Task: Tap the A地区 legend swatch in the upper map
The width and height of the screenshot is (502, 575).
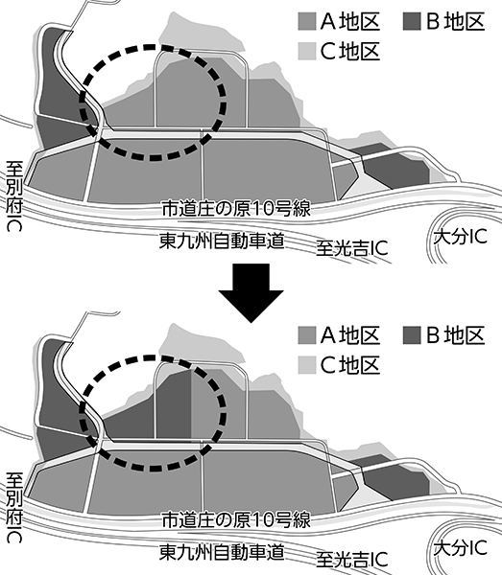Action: click(307, 22)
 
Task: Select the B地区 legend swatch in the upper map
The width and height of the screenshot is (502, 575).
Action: click(412, 22)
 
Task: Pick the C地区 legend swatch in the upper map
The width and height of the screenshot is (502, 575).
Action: click(307, 51)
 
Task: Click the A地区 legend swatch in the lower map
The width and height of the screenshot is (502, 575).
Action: click(307, 335)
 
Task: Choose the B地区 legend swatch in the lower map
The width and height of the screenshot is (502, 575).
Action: click(412, 335)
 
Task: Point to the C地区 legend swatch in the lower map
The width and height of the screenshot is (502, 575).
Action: click(307, 365)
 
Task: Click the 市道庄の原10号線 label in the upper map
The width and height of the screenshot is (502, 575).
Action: click(236, 208)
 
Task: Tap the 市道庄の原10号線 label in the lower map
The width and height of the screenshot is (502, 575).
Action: click(236, 520)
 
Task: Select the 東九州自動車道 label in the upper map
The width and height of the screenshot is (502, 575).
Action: click(222, 241)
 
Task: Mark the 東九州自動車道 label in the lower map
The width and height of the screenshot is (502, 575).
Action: click(222, 553)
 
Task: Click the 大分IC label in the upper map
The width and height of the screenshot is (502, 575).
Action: click(461, 237)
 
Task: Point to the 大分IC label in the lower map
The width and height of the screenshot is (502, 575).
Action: click(461, 548)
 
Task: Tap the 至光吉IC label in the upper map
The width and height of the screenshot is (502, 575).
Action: click(352, 248)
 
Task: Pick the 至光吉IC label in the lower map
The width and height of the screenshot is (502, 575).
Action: click(352, 560)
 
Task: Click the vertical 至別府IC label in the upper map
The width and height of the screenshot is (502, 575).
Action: click(14, 196)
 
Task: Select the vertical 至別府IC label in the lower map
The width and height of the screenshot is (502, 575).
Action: click(14, 507)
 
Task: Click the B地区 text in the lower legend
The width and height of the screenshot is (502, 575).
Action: click(455, 335)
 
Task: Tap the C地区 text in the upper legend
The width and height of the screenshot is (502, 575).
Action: click(350, 51)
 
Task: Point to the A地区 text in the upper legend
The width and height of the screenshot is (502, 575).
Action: click(350, 22)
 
